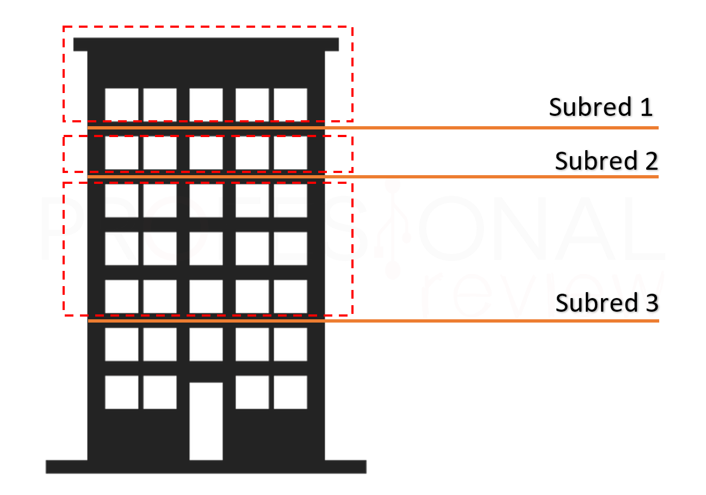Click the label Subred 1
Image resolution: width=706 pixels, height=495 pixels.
[600, 107]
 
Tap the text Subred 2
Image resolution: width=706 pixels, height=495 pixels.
[606, 161]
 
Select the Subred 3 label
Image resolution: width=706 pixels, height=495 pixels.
[606, 302]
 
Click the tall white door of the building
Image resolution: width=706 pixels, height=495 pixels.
[206, 420]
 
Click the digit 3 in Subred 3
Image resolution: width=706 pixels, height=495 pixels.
[652, 302]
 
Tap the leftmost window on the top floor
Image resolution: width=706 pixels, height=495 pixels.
[121, 104]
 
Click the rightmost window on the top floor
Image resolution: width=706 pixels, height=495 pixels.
[290, 104]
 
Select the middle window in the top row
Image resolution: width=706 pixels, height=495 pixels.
[206, 104]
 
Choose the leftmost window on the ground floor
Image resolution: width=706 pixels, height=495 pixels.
[121, 392]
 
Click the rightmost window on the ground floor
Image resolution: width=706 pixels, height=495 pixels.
[290, 392]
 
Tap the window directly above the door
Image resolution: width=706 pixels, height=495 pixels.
[206, 344]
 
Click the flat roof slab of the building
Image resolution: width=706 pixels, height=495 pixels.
[206, 44]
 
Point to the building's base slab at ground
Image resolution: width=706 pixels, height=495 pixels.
[206, 467]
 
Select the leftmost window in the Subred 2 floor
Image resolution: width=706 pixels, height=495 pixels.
[121, 153]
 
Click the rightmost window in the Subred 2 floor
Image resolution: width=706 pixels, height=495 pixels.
[290, 153]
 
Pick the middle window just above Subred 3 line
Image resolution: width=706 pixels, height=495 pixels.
[206, 296]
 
